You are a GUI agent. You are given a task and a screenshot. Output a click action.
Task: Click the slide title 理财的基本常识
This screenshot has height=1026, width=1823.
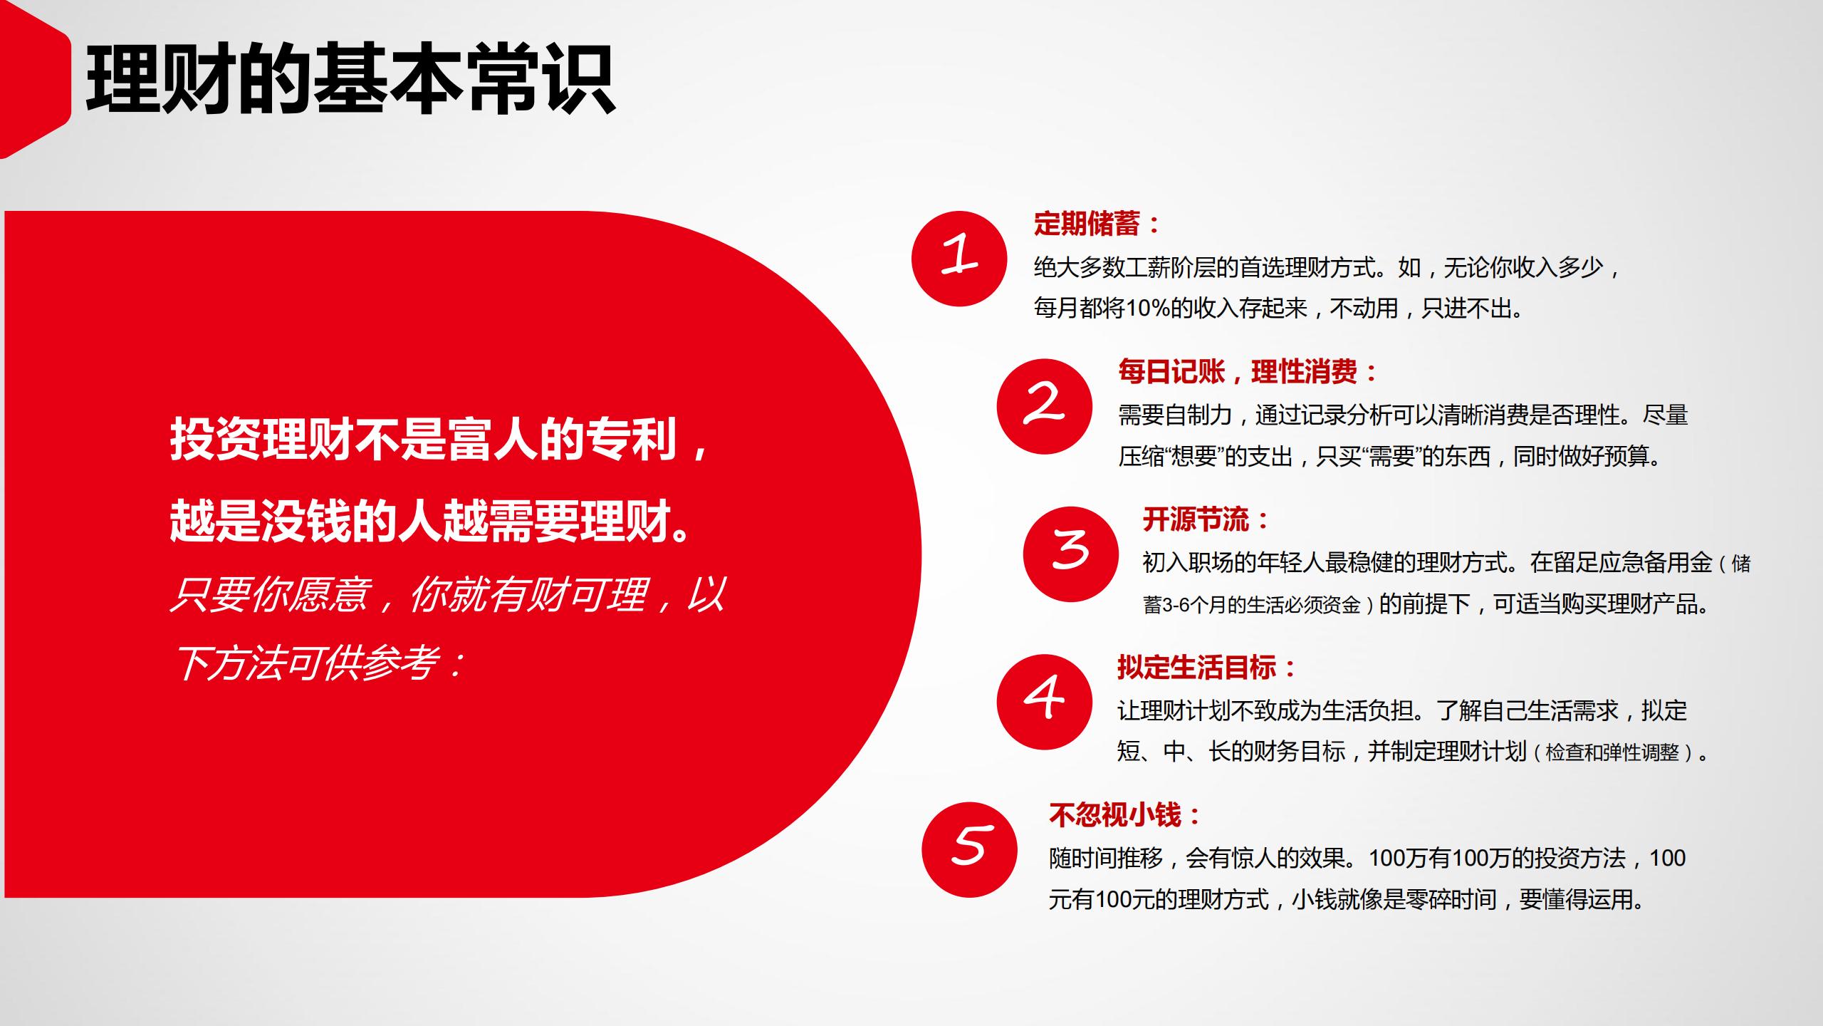pos(350,80)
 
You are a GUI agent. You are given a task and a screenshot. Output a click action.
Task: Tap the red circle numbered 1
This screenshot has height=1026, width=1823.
pos(959,259)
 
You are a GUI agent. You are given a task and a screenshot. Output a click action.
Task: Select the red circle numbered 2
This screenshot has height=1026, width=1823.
pos(1044,406)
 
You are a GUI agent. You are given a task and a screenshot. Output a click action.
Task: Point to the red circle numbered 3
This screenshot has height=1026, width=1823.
pos(1070,554)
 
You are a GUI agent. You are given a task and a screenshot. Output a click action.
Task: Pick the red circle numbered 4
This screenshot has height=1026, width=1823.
pos(1044,701)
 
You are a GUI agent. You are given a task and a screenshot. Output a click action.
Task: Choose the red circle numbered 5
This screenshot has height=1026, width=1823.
pos(969,849)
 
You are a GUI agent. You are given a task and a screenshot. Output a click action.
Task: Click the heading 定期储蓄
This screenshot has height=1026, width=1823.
pos(1087,224)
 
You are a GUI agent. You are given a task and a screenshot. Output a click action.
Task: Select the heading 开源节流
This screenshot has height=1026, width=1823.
pos(1196,520)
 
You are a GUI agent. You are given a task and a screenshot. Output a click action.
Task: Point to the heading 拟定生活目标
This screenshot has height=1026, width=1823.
pos(1196,668)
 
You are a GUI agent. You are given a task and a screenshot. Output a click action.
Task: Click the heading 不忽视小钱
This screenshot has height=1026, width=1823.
pos(1114,815)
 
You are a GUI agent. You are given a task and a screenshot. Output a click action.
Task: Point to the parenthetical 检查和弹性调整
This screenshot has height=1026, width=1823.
pos(1612,752)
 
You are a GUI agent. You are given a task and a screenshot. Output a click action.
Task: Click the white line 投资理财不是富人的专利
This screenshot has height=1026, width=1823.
pos(423,440)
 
